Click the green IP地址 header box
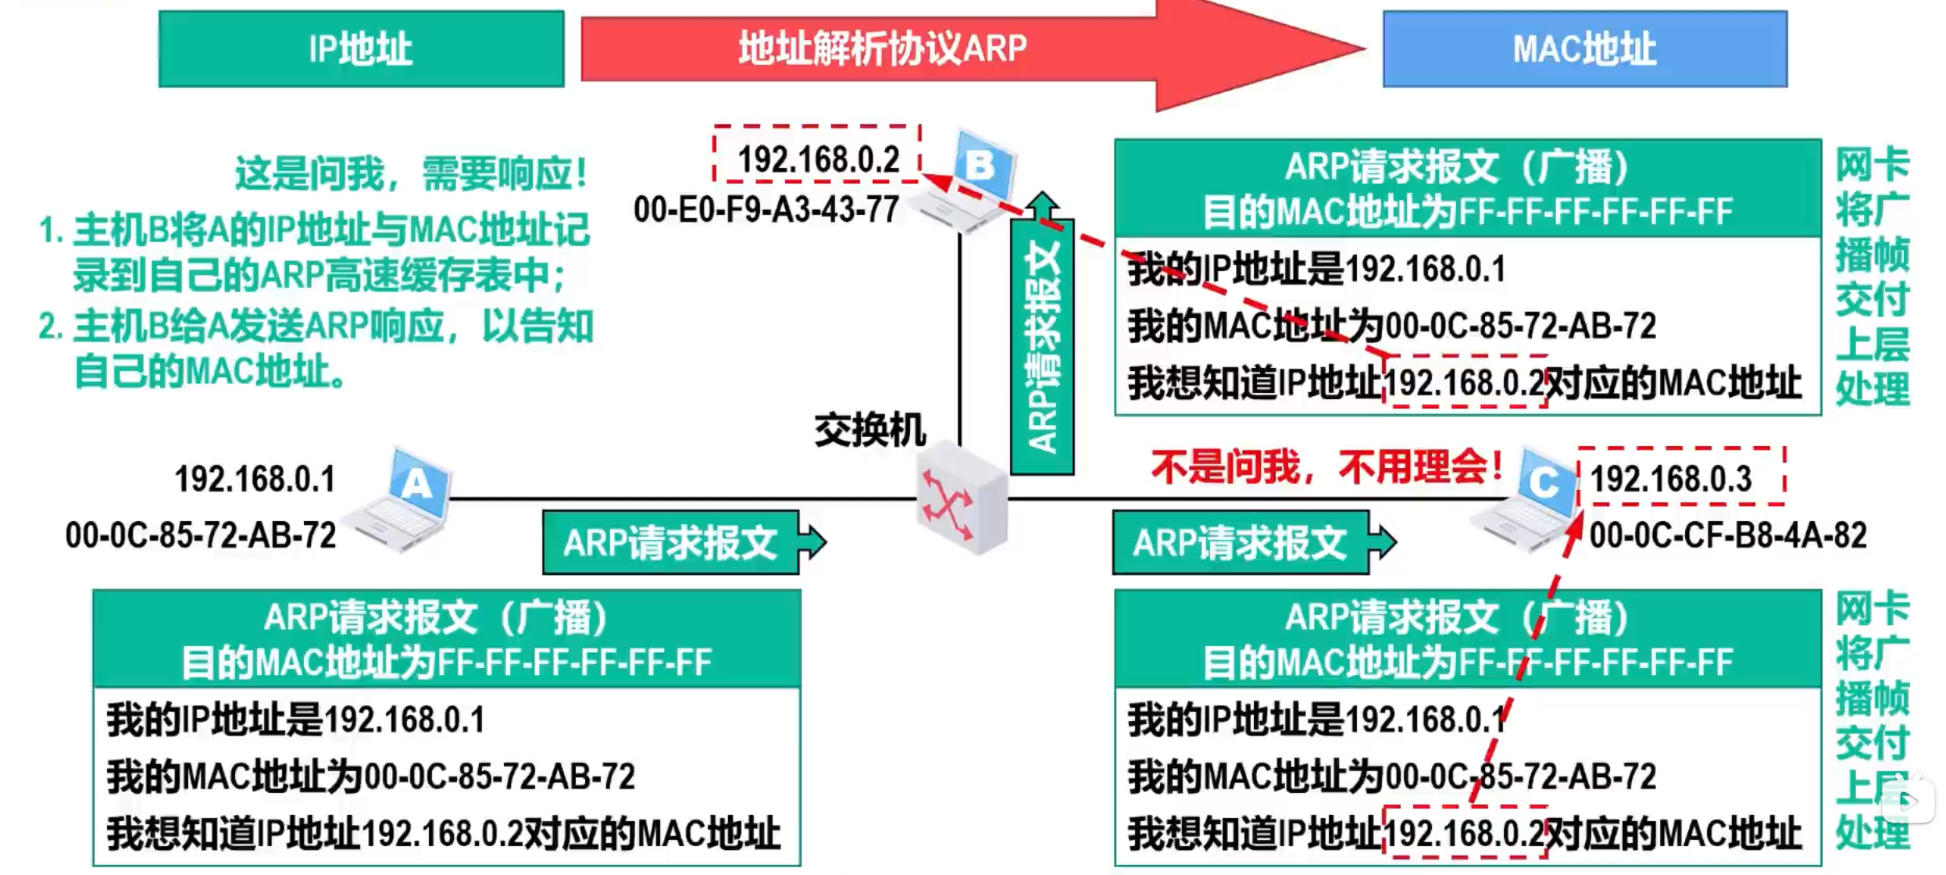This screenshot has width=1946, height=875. (x=361, y=48)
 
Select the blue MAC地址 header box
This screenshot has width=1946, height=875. (x=1584, y=48)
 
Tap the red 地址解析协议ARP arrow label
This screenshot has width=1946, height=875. (x=883, y=48)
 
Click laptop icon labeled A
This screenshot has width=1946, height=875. (x=406, y=500)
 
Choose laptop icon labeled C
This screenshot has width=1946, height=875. (x=1531, y=500)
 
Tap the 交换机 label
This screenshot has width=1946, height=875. (x=869, y=430)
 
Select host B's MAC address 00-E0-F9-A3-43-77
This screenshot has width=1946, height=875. (x=766, y=209)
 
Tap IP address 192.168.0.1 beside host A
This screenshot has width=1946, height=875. (x=255, y=479)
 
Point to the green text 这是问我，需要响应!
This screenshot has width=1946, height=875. (x=411, y=173)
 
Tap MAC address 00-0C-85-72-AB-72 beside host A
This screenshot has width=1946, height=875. (x=201, y=536)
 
